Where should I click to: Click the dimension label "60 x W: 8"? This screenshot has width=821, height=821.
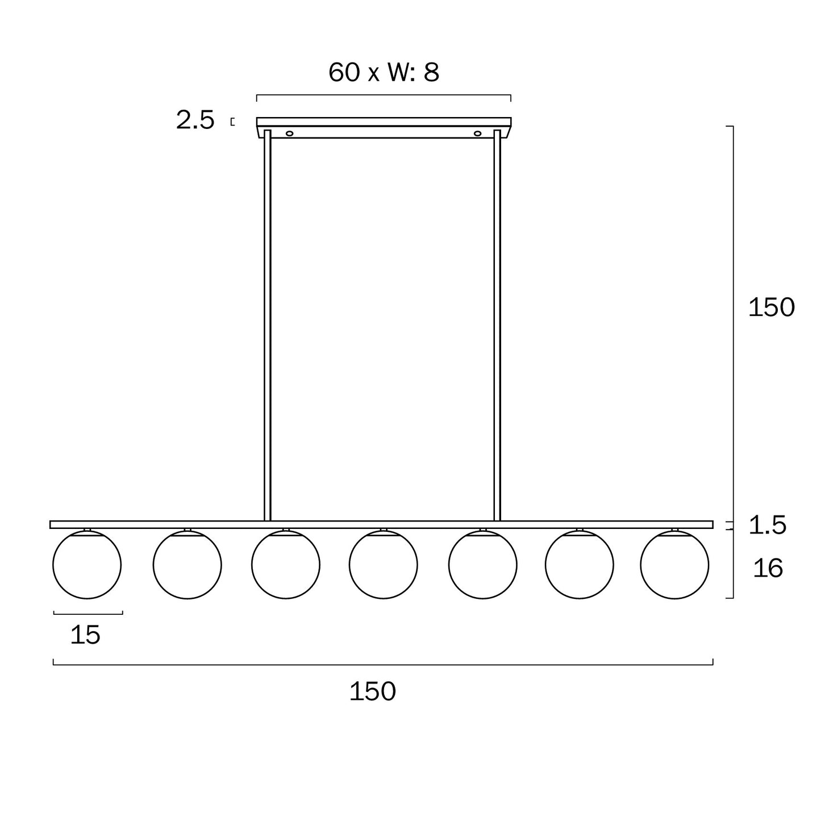click(x=384, y=73)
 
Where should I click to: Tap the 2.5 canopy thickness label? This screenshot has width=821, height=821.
click(x=195, y=120)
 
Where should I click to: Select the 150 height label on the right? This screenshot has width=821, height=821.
click(x=771, y=307)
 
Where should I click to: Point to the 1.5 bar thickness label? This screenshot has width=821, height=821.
click(x=767, y=526)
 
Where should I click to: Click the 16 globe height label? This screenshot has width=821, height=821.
click(x=768, y=568)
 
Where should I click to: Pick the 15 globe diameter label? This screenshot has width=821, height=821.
click(x=85, y=635)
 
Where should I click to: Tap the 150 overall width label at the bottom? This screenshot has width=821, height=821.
click(x=372, y=691)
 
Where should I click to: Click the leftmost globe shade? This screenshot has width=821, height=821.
click(x=87, y=564)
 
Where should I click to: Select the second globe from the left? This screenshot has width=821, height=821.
click(x=187, y=564)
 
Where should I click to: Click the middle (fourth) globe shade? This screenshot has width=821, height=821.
click(x=384, y=564)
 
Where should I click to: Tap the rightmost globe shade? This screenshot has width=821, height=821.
click(x=674, y=564)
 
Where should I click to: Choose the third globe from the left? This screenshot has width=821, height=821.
click(x=286, y=564)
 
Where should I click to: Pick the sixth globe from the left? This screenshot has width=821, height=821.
click(x=579, y=564)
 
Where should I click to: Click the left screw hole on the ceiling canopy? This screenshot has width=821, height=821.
click(x=290, y=134)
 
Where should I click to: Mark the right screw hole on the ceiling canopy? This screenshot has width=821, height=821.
click(x=477, y=134)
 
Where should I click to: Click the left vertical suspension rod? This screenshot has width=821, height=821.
click(x=268, y=324)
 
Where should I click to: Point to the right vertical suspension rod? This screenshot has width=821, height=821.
click(x=497, y=324)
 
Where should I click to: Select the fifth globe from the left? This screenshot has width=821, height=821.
click(x=482, y=564)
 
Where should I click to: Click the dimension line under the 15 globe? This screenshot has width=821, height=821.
click(x=88, y=613)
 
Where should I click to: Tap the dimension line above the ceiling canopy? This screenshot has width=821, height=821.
click(x=384, y=95)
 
